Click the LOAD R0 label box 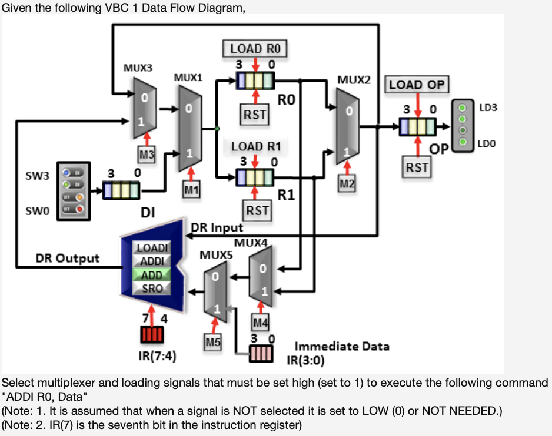pyautogui.click(x=254, y=48)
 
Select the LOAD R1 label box pyautogui.click(x=255, y=146)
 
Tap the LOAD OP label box pyautogui.click(x=417, y=85)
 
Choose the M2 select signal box pyautogui.click(x=347, y=183)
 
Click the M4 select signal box pyautogui.click(x=260, y=321)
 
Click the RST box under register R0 pyautogui.click(x=255, y=113)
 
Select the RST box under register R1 pyautogui.click(x=257, y=210)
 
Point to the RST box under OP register pyautogui.click(x=417, y=167)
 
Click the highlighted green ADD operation pyautogui.click(x=152, y=274)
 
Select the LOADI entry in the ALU pyautogui.click(x=152, y=248)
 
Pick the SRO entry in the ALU pyautogui.click(x=152, y=288)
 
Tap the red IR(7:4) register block pyautogui.click(x=152, y=334)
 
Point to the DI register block pyautogui.click(x=121, y=190)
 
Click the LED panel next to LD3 pyautogui.click(x=462, y=125)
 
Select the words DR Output pyautogui.click(x=68, y=258)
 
